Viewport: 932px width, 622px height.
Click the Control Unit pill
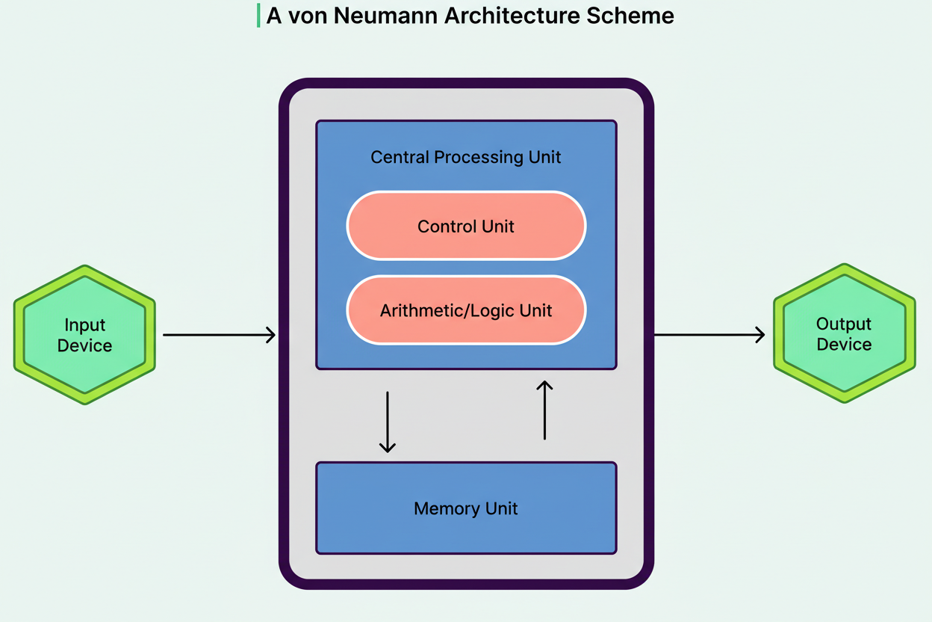pyautogui.click(x=466, y=226)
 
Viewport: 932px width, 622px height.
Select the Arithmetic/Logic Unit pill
pyautogui.click(x=466, y=310)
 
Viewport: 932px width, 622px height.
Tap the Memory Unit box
pyautogui.click(x=466, y=508)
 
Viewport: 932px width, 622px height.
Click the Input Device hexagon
pyautogui.click(x=84, y=335)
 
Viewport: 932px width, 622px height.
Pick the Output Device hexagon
pyautogui.click(x=844, y=333)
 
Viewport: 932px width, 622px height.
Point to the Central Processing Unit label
pyautogui.click(x=466, y=157)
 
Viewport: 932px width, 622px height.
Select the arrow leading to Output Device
pyautogui.click(x=709, y=335)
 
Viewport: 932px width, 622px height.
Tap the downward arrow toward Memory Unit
pyautogui.click(x=387, y=422)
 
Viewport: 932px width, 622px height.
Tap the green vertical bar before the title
pyautogui.click(x=258, y=16)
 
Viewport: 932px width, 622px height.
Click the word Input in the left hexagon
pyautogui.click(x=84, y=325)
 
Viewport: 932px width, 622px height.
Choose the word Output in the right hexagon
pyautogui.click(x=844, y=324)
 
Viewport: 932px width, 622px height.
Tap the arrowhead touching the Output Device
pyautogui.click(x=759, y=335)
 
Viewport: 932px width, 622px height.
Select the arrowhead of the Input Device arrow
pyautogui.click(x=270, y=335)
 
